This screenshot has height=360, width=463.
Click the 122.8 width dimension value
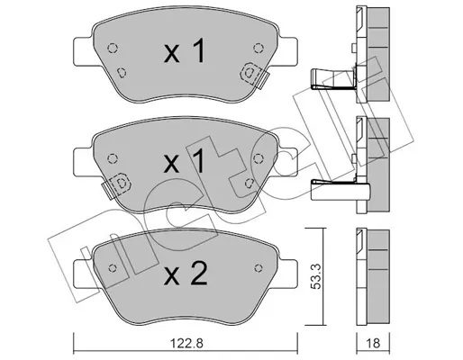pos(186,344)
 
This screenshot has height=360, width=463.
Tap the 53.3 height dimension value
pos(315,276)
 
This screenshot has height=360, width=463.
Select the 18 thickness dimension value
pos(373,344)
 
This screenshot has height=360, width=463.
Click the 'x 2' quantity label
pos(186,273)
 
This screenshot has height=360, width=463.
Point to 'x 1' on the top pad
pos(184,51)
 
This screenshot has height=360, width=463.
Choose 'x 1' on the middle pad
pos(184,161)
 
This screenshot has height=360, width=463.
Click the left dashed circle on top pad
pos(113,48)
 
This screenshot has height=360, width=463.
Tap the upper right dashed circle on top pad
pos(259,48)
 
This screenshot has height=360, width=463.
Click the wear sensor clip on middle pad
pos(117,184)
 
